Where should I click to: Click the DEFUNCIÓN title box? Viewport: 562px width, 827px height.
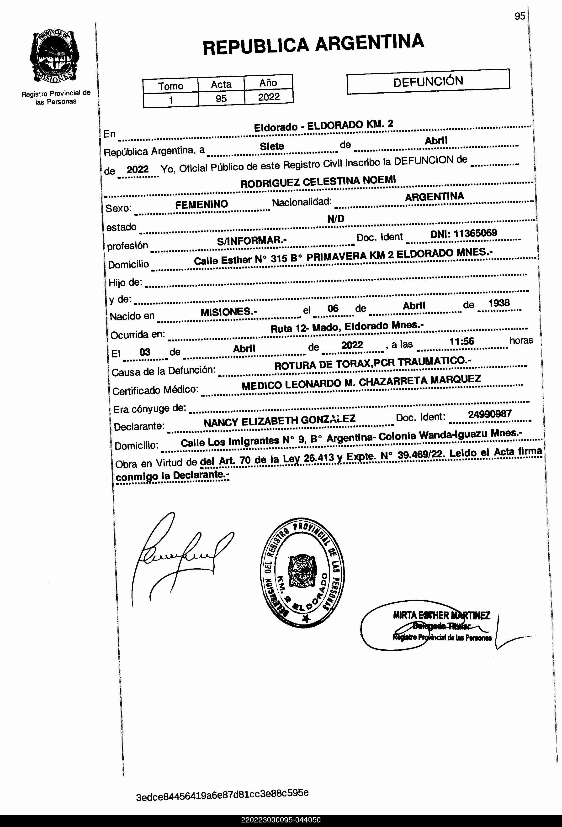(x=428, y=82)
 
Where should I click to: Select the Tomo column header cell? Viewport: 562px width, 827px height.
(x=171, y=86)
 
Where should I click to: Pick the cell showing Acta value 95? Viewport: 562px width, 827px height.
(x=221, y=99)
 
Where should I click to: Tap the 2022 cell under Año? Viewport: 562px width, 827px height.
(x=269, y=97)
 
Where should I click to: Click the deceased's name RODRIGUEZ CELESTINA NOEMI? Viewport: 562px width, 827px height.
(x=318, y=182)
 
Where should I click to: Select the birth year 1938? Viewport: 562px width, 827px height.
(x=498, y=303)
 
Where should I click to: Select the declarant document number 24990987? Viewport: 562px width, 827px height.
(x=490, y=414)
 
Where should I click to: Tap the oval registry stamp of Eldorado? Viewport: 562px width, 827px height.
(x=302, y=573)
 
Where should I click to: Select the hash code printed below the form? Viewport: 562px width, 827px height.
(x=222, y=794)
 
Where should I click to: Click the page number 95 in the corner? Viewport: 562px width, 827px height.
(x=520, y=16)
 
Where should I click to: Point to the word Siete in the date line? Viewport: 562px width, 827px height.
(x=272, y=146)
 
